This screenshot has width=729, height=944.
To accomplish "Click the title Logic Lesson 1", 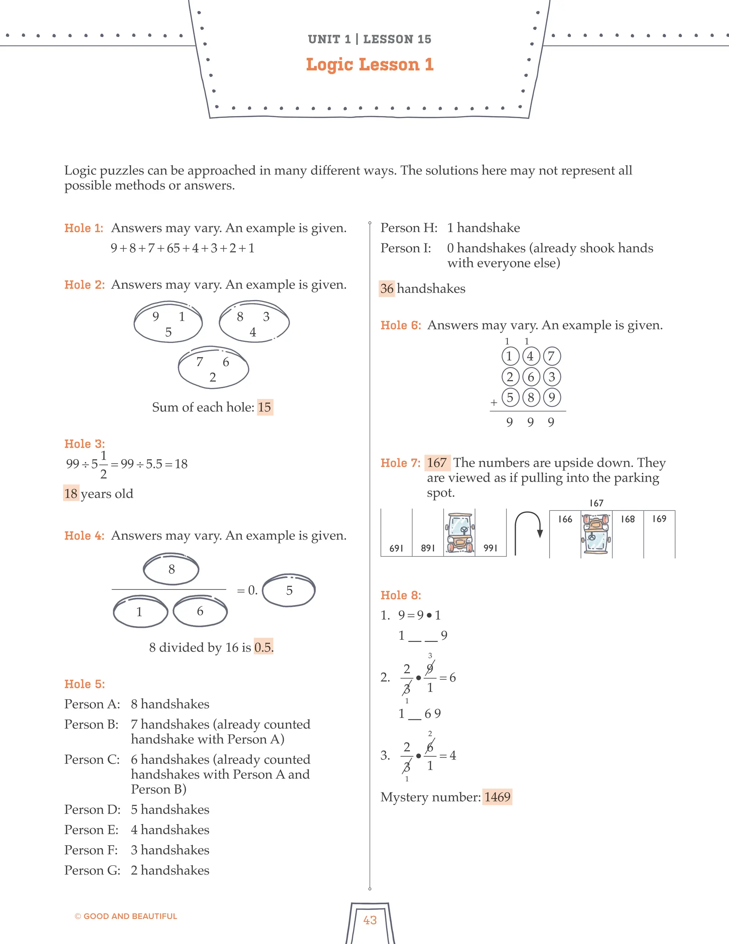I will pyautogui.click(x=370, y=64).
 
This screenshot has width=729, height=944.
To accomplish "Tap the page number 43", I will pyautogui.click(x=370, y=920).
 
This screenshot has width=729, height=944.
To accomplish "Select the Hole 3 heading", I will pyautogui.click(x=85, y=444).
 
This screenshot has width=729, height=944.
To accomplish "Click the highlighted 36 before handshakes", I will pyautogui.click(x=387, y=289).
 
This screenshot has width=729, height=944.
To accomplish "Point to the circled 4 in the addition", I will pyautogui.click(x=530, y=357).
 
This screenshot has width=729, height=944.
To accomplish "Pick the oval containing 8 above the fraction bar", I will pyautogui.click(x=171, y=569).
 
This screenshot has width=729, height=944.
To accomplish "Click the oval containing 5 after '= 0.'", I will pyautogui.click(x=289, y=590).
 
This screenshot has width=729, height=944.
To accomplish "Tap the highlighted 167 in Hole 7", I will pyautogui.click(x=437, y=463).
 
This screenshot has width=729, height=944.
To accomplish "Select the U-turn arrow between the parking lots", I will pyautogui.click(x=528, y=533).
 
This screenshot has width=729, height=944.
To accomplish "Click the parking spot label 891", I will pyautogui.click(x=428, y=548).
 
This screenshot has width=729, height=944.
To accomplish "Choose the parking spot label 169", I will pyautogui.click(x=659, y=519).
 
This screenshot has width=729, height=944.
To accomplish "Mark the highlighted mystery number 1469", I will pyautogui.click(x=497, y=797).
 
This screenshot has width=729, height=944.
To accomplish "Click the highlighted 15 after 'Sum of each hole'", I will pyautogui.click(x=264, y=407).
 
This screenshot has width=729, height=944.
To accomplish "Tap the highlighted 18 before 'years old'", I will pyautogui.click(x=71, y=494).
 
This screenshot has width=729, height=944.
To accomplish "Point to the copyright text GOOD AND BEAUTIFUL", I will pyautogui.click(x=130, y=916).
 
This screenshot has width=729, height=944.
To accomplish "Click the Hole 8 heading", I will pyautogui.click(x=401, y=595).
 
